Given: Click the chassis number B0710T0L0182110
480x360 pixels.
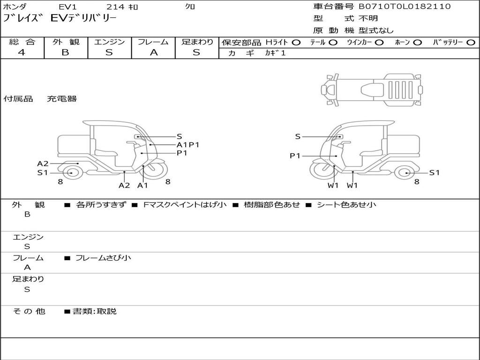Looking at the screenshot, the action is click(x=405, y=7).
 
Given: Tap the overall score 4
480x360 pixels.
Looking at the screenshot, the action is click(x=22, y=52).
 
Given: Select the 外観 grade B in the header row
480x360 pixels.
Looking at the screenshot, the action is click(x=65, y=52).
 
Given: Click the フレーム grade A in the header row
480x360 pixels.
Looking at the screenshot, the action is click(x=154, y=52).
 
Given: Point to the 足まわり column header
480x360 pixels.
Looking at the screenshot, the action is click(x=197, y=42).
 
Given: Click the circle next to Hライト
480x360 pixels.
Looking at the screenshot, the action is click(x=296, y=43).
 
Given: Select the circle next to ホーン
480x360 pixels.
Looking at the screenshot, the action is click(x=418, y=43).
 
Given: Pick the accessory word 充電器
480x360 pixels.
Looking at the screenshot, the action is click(x=61, y=99).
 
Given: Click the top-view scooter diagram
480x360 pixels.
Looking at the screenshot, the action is click(x=371, y=89).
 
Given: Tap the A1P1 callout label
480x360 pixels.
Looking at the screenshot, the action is click(x=188, y=145).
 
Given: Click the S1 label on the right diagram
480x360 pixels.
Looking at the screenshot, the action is click(x=435, y=172).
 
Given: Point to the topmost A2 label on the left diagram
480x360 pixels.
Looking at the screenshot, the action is click(x=43, y=164).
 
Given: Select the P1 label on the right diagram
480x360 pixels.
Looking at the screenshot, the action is click(x=295, y=156).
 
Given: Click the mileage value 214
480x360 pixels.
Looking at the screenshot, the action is click(x=115, y=7).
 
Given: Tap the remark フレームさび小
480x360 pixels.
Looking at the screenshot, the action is click(x=103, y=258).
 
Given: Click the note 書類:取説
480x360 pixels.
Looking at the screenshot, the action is click(x=94, y=311).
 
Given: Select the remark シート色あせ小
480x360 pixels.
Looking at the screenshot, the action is click(x=346, y=204).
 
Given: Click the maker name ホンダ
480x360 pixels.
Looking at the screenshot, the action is click(x=15, y=7).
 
